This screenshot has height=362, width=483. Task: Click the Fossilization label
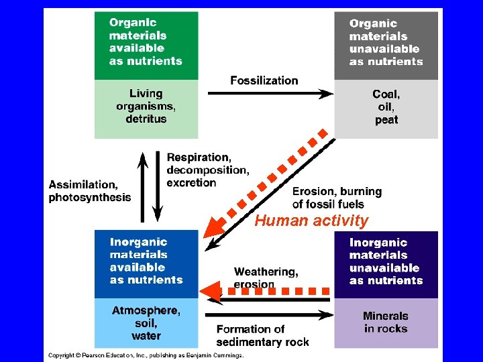[264, 80]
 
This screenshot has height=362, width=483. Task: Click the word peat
[386, 120]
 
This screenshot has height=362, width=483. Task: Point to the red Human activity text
[311, 221]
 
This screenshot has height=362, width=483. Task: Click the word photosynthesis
[90, 197]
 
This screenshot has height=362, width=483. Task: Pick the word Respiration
[199, 157]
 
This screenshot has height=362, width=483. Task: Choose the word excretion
[191, 182]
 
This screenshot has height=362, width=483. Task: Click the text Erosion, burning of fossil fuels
[337, 197]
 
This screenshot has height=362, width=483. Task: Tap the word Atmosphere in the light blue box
[146, 310]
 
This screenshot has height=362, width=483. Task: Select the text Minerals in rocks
[386, 322]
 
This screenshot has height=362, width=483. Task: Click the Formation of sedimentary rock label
[262, 335]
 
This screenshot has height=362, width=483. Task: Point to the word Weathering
[266, 271]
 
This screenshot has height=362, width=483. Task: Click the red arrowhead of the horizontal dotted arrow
[211, 292]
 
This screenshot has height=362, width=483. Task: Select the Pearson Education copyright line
[145, 355]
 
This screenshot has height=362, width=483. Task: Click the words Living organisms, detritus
[146, 106]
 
